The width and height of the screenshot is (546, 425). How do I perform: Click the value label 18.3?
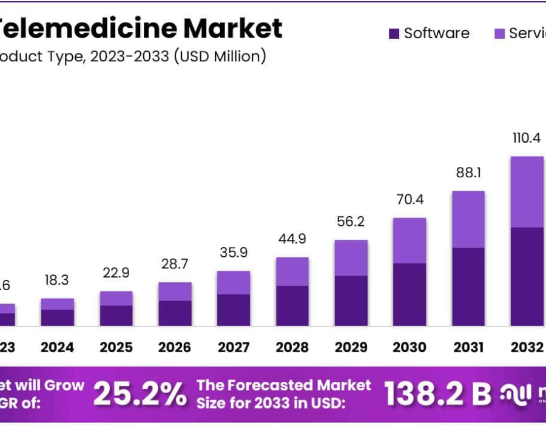click(x=57, y=280)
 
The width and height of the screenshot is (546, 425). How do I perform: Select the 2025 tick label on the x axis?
click(x=116, y=347)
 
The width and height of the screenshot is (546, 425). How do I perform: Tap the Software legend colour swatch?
click(x=394, y=33)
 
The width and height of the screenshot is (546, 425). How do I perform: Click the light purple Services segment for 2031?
click(x=468, y=219)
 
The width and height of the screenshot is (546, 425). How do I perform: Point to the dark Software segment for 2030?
click(x=409, y=294)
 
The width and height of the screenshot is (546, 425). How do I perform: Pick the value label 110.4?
click(x=527, y=138)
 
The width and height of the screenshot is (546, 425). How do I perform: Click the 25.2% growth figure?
click(x=140, y=395)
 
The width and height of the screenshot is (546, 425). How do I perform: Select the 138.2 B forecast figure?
click(x=437, y=395)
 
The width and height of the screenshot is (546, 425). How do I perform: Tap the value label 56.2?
click(x=351, y=222)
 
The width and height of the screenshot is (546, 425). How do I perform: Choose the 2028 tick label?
click(x=292, y=347)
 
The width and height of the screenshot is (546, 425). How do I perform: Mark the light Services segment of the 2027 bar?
click(x=234, y=282)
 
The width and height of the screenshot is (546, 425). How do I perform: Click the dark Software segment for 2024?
click(x=57, y=318)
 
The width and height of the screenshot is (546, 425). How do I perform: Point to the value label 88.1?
click(x=468, y=173)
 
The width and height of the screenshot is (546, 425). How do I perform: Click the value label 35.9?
click(x=234, y=253)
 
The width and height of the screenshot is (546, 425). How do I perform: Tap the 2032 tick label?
click(x=527, y=347)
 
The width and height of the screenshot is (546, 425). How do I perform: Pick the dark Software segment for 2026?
click(x=175, y=313)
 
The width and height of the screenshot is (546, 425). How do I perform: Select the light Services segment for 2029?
click(x=351, y=257)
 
